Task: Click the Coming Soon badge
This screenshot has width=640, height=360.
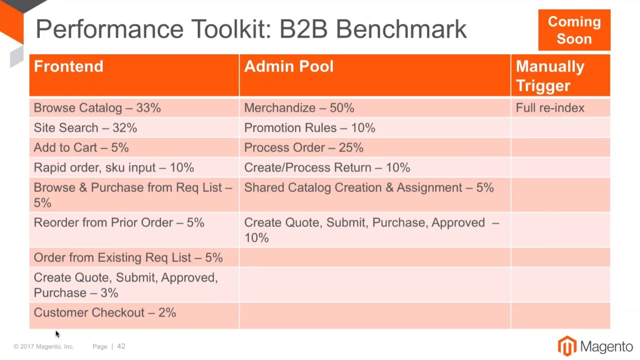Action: [574, 30]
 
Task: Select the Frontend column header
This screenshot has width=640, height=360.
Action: [134, 75]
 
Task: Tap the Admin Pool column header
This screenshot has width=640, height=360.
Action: [375, 75]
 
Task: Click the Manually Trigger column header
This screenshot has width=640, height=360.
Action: [561, 75]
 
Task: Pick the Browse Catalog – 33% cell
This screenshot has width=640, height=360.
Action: [134, 108]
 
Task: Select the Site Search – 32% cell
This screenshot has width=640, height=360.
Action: [134, 127]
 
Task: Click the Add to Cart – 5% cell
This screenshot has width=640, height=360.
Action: [134, 148]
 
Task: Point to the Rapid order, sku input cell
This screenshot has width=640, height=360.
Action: [134, 167]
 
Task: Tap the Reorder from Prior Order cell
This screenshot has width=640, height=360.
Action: [134, 230]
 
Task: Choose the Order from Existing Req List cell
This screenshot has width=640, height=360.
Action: [134, 257]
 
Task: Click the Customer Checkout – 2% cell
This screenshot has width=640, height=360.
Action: [134, 316]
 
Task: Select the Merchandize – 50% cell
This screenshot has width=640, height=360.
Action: [375, 108]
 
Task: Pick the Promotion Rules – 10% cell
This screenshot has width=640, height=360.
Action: [375, 127]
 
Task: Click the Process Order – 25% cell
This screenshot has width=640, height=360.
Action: [375, 148]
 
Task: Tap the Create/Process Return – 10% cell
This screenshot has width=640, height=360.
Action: [375, 167]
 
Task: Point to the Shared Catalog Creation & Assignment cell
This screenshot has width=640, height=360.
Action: [375, 195]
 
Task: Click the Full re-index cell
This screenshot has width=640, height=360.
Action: [561, 108]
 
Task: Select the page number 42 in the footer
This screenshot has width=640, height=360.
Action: [121, 346]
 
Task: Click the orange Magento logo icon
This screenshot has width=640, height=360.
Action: [567, 346]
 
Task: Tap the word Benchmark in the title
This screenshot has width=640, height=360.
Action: [401, 29]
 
